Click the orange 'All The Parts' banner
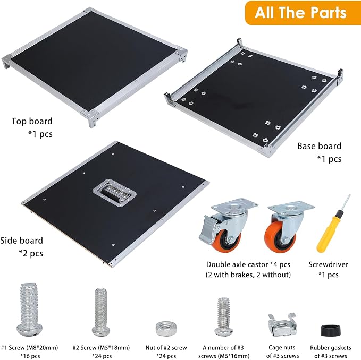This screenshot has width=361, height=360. (303, 13)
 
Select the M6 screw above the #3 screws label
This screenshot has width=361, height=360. (223, 316)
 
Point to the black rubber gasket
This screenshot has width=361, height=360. (331, 331)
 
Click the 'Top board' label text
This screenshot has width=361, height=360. (32, 121)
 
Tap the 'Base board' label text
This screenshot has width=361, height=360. (319, 146)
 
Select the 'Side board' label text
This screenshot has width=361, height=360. (21, 241)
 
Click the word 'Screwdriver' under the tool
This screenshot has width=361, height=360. (329, 264)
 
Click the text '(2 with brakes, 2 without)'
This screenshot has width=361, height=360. (248, 275)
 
